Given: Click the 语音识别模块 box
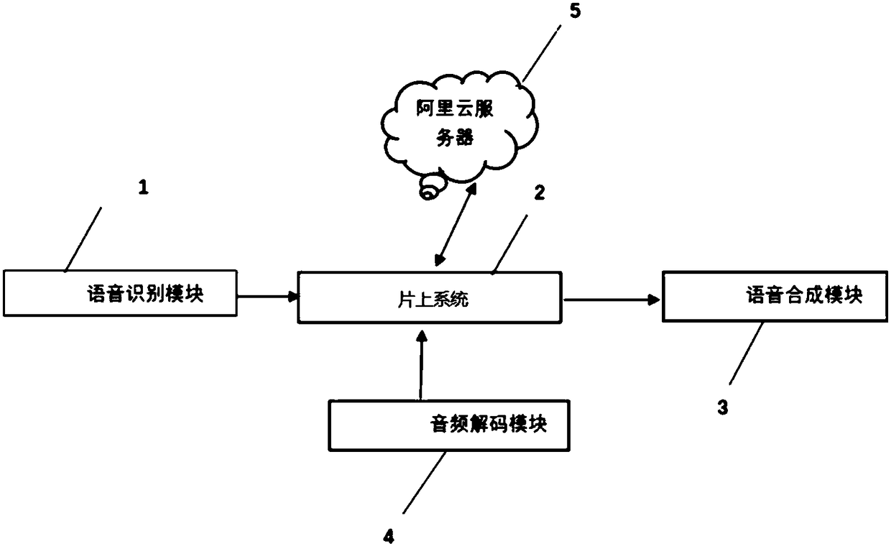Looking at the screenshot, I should [121, 294].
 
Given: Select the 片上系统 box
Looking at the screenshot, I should [429, 298].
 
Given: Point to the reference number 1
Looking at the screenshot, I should [142, 189].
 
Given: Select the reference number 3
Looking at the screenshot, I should [723, 407].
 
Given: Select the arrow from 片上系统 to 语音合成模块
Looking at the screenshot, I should [611, 300].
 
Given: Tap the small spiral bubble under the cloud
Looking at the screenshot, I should [430, 192].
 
